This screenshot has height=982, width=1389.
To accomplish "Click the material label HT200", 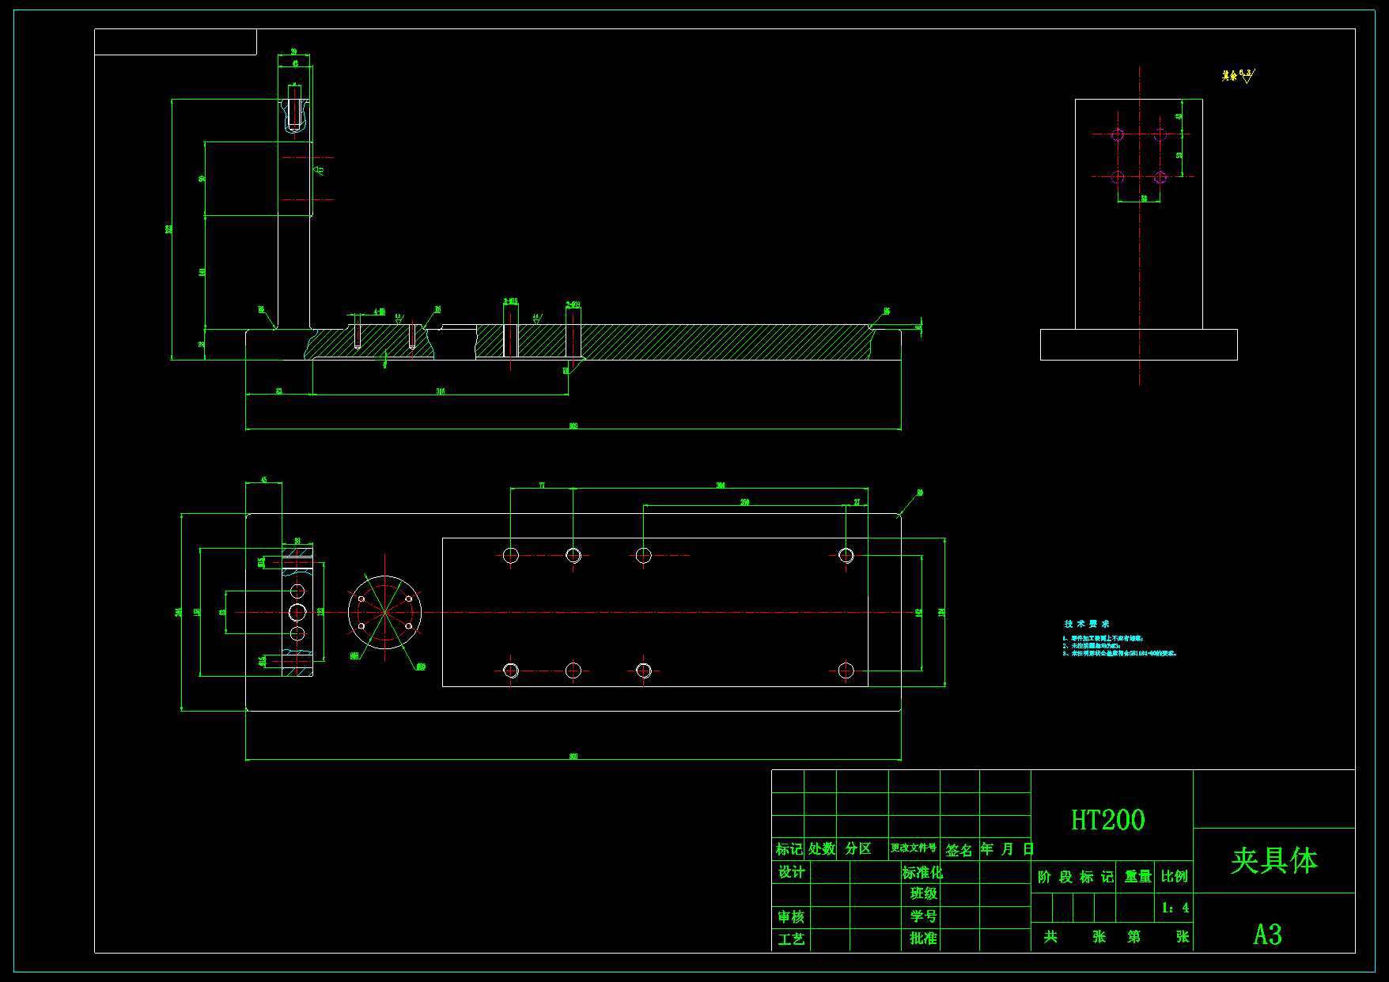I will click(1107, 820).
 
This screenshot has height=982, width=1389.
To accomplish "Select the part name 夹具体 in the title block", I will click(1274, 860).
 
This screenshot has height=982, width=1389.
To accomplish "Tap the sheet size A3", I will click(1267, 935).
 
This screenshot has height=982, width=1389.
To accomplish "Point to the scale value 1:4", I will click(1175, 908).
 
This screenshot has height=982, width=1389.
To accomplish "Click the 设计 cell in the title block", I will click(791, 872).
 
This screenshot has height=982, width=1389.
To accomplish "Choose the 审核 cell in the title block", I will click(791, 917).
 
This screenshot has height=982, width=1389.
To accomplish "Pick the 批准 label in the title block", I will click(923, 939).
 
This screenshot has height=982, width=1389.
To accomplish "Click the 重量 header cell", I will click(1137, 877).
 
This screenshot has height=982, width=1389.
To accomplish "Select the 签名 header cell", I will click(959, 850).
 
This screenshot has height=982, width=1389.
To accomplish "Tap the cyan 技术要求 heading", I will click(1087, 624).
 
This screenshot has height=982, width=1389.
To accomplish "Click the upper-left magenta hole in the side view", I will click(1118, 134).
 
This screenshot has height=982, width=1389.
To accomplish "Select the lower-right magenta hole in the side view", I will click(1160, 177).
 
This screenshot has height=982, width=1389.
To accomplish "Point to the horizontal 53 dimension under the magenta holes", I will click(1144, 198).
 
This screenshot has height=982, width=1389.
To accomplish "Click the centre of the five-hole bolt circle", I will click(384, 612).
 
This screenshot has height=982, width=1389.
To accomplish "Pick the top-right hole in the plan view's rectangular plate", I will click(846, 555).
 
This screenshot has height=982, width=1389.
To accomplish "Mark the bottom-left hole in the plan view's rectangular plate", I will click(511, 670).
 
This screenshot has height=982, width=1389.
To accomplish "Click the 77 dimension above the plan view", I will click(542, 485).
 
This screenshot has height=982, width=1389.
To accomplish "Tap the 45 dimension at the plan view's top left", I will click(264, 480).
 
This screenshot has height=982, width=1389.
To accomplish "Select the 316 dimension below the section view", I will click(441, 391).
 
